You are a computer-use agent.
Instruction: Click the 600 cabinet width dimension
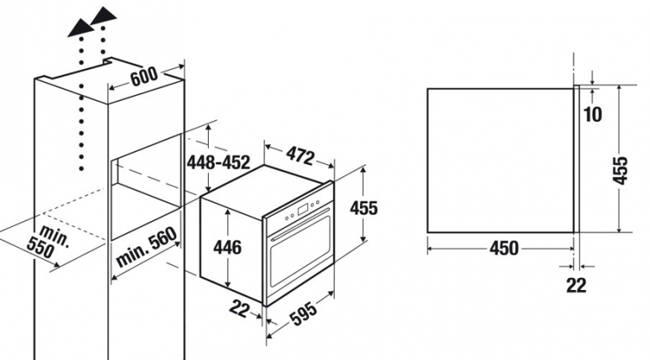coord(144,76)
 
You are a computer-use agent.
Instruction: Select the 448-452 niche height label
coord(218,163)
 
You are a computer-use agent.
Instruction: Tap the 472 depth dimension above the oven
coord(300,156)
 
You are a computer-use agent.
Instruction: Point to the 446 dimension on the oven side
coord(227,248)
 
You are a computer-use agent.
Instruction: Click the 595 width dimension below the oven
coord(303,312)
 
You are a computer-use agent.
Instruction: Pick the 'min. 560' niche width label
coord(147,247)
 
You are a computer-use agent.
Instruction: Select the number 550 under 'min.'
coord(40,249)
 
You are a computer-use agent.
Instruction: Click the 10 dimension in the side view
coord(593,115)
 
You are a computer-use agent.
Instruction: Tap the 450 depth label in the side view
coord(504,249)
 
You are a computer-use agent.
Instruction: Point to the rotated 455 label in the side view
coord(620,171)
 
